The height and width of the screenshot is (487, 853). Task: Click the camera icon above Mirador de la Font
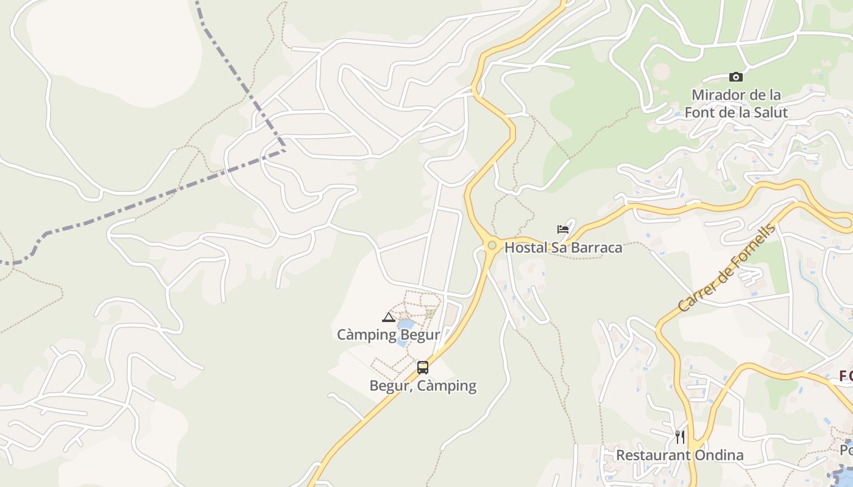[x=736, y=77]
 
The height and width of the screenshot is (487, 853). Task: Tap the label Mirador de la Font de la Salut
[x=736, y=103]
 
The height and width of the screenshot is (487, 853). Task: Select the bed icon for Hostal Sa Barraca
[x=563, y=229]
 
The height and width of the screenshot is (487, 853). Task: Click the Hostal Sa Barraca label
[x=563, y=248]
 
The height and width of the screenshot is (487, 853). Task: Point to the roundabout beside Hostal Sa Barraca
[x=492, y=245]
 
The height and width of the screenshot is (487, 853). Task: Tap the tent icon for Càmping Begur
[x=389, y=317]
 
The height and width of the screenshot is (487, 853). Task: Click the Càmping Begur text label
[x=389, y=335]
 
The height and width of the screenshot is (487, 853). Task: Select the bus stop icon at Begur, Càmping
[x=423, y=368]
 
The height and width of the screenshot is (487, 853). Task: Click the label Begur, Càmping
[x=423, y=386]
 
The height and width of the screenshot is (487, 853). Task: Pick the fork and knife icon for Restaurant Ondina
[x=680, y=436]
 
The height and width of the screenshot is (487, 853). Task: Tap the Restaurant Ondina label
[x=679, y=455]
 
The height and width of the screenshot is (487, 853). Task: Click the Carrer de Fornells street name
[x=727, y=268]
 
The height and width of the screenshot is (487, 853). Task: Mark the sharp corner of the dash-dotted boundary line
[x=285, y=150]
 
